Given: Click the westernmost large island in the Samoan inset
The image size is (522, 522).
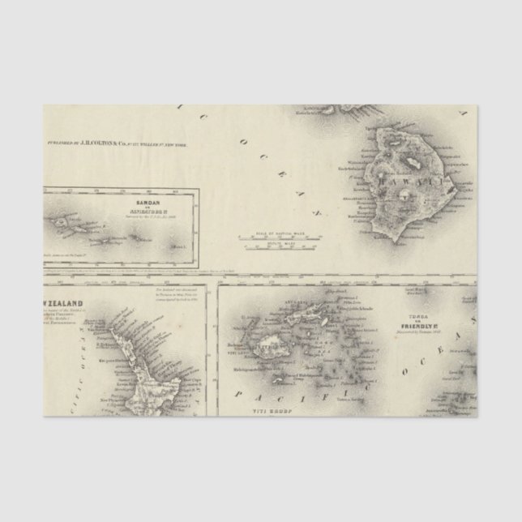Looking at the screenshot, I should [88, 220].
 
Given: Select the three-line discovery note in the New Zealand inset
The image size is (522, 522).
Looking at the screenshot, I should [179, 290].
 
